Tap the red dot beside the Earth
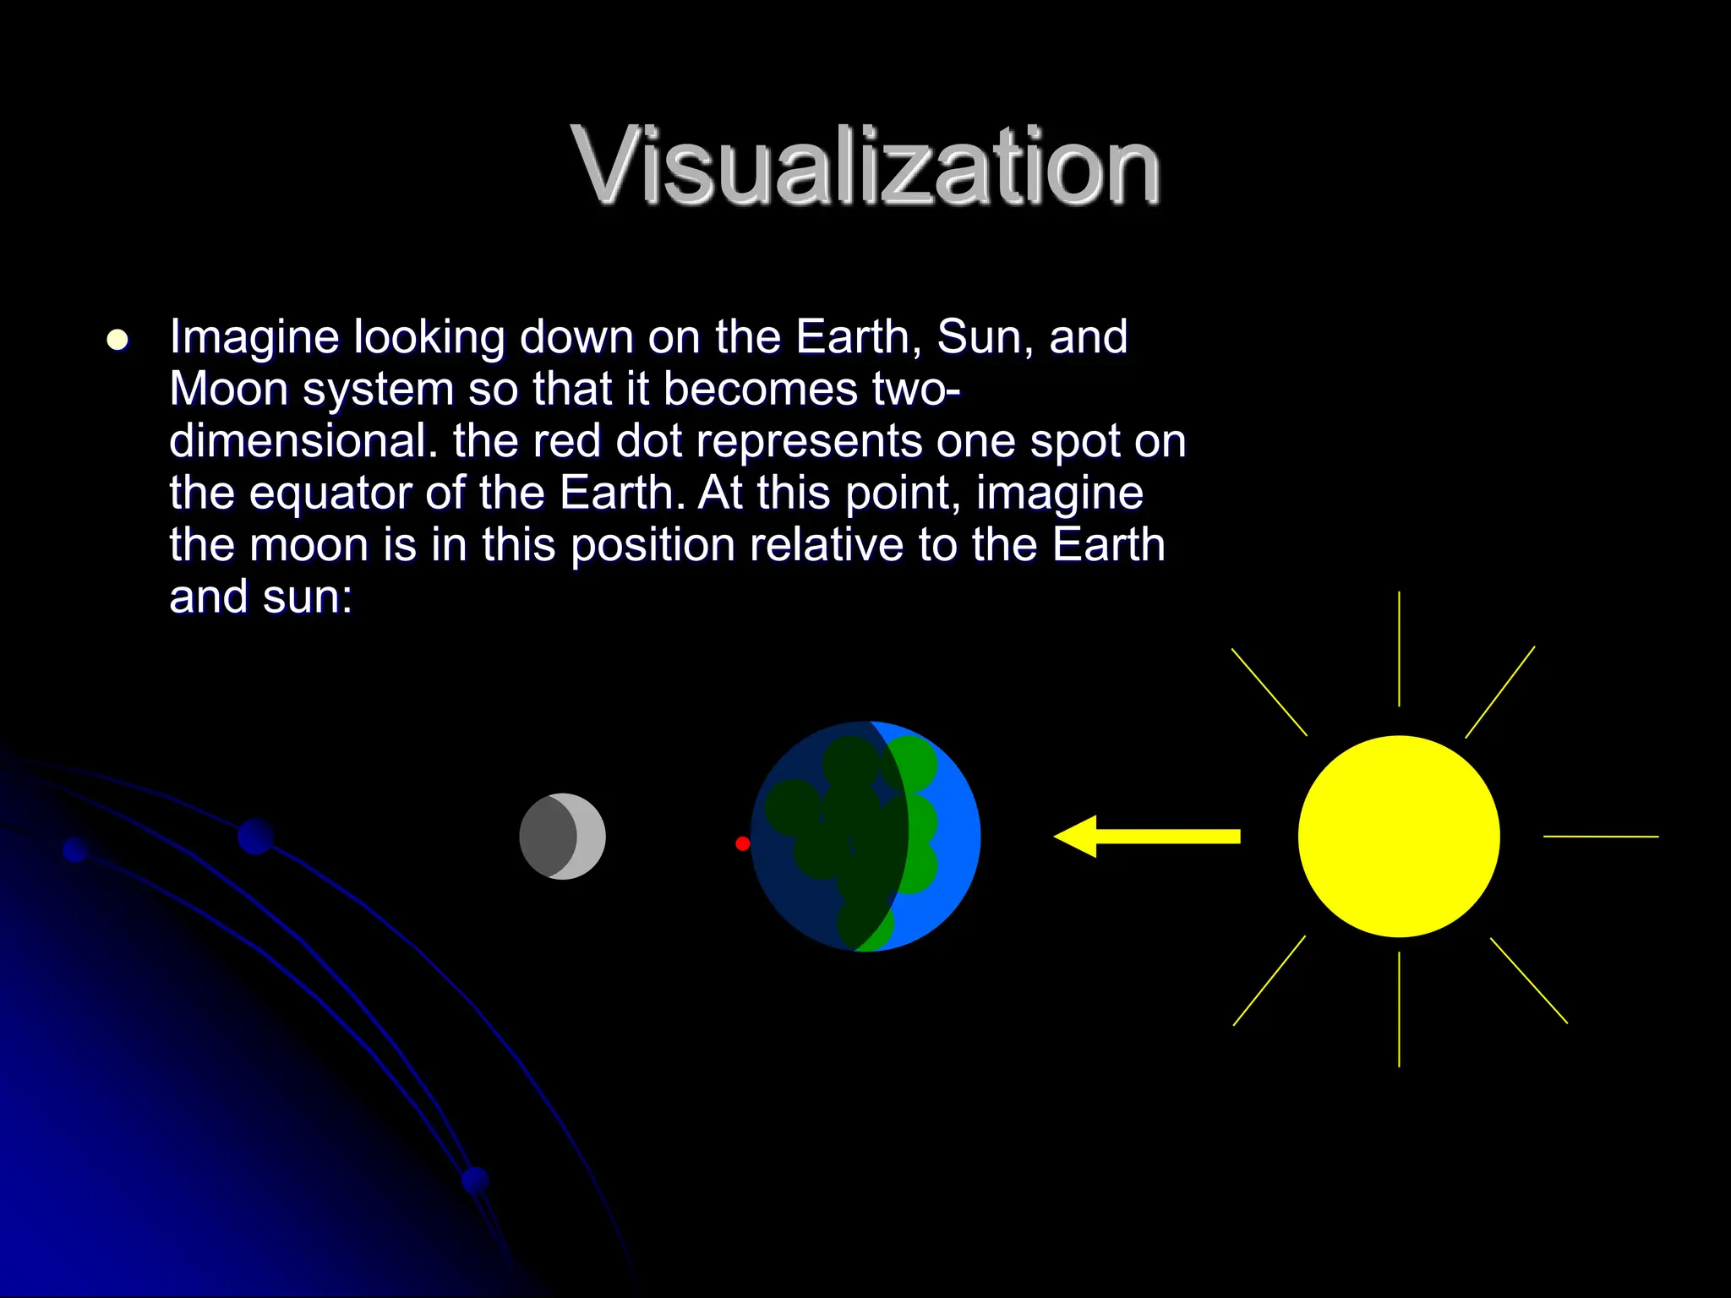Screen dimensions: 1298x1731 point(742,843)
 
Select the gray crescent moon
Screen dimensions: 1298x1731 point(562,837)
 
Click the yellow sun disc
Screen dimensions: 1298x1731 point(1399,837)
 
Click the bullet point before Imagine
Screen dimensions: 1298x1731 point(117,341)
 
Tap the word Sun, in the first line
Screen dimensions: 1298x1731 point(985,337)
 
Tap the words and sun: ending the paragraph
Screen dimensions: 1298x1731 point(260,597)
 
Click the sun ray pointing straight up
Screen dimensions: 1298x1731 point(1399,649)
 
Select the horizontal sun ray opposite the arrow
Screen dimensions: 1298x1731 point(1600,837)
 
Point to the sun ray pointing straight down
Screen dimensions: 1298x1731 point(1399,1009)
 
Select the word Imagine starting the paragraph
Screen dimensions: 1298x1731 point(254,337)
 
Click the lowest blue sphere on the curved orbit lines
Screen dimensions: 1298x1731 point(476,1181)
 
